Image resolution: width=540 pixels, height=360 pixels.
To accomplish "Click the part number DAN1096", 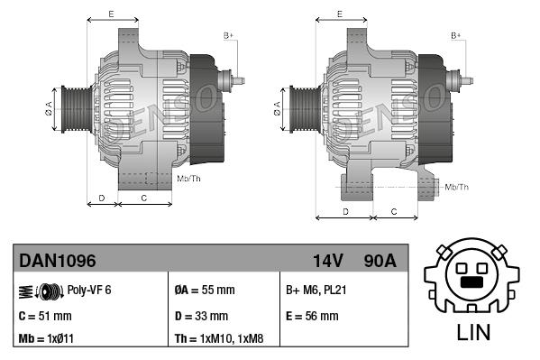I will [58, 261].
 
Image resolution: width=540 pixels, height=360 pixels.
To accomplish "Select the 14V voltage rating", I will [327, 261].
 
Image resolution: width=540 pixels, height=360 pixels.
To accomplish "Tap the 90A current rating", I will [378, 261].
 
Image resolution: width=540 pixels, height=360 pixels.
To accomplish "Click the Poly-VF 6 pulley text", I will [89, 291].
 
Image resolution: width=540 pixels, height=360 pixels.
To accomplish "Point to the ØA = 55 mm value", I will [205, 291].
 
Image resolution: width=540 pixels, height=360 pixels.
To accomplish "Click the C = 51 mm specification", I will [46, 316].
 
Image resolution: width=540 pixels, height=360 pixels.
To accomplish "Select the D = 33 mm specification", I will [202, 316].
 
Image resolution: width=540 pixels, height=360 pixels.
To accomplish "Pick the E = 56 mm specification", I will [312, 316].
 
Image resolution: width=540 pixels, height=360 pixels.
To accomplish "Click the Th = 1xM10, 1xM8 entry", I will [218, 340].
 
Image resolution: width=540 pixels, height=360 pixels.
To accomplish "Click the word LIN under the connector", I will [473, 331].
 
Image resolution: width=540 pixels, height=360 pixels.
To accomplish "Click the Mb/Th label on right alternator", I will [457, 187].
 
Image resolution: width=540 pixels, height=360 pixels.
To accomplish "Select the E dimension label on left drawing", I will [111, 14].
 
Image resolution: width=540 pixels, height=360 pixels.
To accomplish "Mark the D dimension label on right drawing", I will [345, 211].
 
